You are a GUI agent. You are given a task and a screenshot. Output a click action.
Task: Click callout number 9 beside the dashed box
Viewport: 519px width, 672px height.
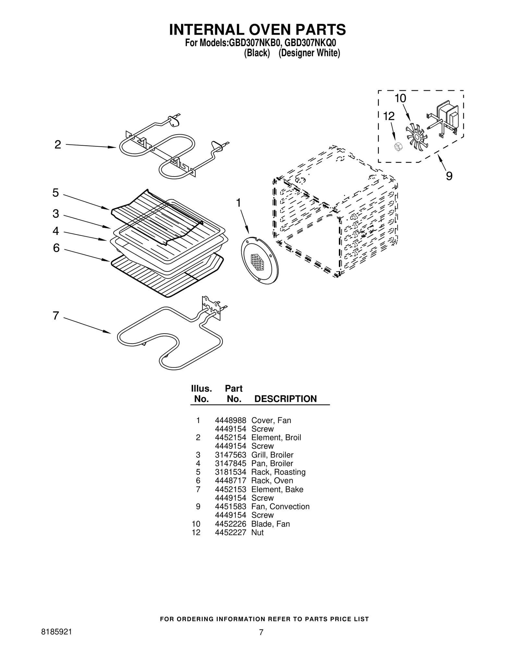pos(449,176)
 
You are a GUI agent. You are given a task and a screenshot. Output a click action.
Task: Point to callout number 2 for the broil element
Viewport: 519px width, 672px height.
pos(58,144)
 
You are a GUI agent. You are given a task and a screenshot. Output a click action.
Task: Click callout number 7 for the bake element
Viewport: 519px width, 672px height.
pos(56,315)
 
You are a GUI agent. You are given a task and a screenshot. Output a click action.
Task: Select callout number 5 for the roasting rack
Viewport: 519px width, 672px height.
pos(56,193)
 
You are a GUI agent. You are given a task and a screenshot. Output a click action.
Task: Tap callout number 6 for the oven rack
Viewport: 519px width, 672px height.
pos(56,248)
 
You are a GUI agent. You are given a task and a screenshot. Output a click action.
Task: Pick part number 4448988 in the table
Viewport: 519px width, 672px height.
pos(230,420)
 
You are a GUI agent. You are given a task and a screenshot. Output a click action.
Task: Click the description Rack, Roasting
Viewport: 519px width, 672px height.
pos(278,472)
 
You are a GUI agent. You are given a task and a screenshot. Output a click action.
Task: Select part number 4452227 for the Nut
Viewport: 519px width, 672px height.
pos(230,532)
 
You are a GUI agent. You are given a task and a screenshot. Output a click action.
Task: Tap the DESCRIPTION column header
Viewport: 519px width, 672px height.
pos(285,399)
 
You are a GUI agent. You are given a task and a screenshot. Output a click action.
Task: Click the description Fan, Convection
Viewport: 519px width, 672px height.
pos(280,506)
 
